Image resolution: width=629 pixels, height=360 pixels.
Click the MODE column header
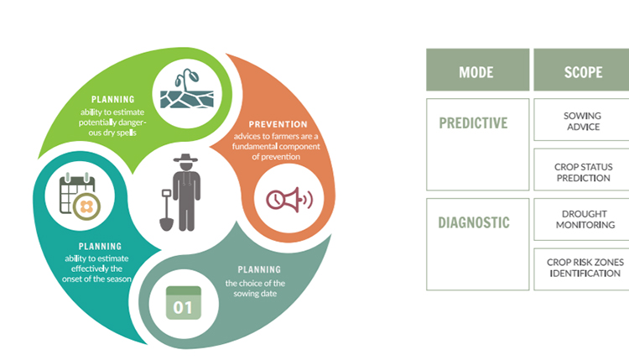click(x=477, y=70)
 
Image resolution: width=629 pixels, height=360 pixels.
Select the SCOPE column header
click(x=583, y=70)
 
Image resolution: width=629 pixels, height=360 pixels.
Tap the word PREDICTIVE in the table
click(x=473, y=123)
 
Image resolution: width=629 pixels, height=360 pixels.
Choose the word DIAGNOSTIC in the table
click(x=474, y=222)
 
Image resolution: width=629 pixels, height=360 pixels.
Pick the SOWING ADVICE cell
click(x=583, y=120)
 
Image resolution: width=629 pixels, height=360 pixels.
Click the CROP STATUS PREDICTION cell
click(x=583, y=170)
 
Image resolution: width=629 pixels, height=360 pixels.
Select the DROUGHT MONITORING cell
click(x=583, y=220)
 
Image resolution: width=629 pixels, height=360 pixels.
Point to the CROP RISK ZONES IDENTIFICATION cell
click(x=583, y=269)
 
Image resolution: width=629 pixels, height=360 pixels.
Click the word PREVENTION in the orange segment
click(x=278, y=124)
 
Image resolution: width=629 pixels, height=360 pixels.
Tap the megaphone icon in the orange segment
click(x=289, y=200)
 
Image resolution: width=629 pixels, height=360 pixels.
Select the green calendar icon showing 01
click(x=184, y=303)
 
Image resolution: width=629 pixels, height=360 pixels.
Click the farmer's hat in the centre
click(x=185, y=158)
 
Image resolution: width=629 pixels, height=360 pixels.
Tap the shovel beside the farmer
click(x=167, y=210)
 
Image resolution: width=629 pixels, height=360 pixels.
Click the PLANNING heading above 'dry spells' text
click(x=112, y=100)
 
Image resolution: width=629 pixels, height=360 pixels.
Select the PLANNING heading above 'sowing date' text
click(x=259, y=269)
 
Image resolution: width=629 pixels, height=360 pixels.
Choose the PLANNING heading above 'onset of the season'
click(x=100, y=247)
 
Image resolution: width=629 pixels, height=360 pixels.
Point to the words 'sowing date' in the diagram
click(x=255, y=294)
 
